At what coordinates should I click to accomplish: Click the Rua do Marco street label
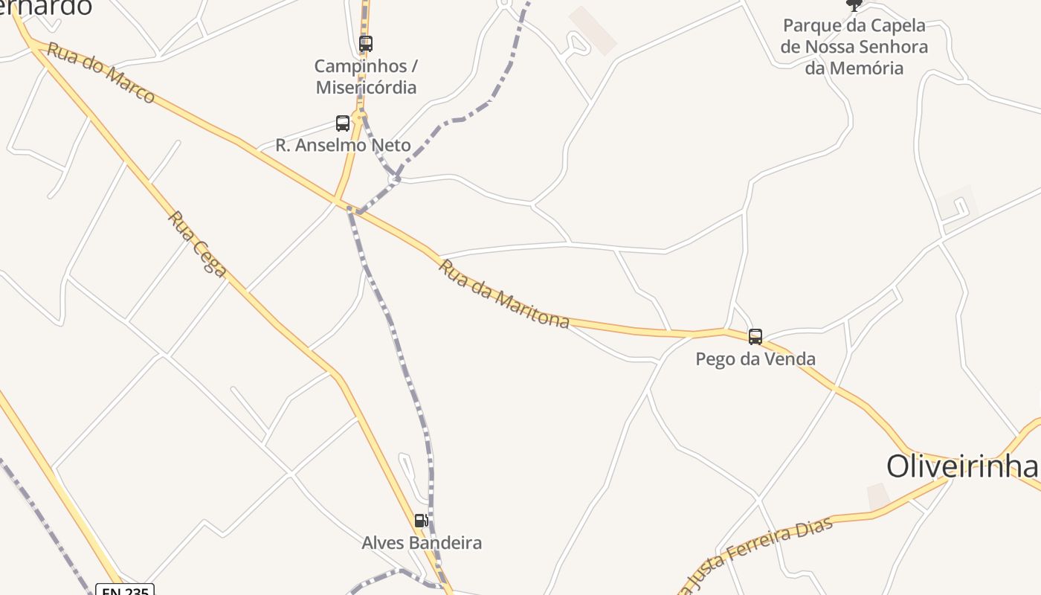click(100, 73)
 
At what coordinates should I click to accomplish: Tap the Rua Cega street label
click(197, 244)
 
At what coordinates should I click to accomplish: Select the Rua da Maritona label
click(504, 294)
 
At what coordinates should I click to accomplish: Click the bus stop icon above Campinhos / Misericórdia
click(365, 43)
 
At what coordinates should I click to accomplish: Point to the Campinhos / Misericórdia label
click(366, 77)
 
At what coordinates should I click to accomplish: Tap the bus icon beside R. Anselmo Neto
click(343, 123)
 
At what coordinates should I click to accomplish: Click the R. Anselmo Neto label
click(343, 145)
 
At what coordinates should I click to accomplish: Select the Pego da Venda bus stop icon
click(755, 337)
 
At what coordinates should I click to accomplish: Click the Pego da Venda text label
click(755, 358)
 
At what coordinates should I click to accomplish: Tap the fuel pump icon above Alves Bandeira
click(421, 521)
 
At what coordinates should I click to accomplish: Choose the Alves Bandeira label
click(422, 543)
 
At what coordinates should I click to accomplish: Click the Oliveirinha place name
click(962, 466)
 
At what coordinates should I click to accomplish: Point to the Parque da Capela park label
click(854, 46)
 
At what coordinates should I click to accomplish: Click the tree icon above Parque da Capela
click(854, 4)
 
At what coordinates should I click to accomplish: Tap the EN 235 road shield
click(125, 591)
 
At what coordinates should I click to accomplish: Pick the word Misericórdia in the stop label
click(366, 87)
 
